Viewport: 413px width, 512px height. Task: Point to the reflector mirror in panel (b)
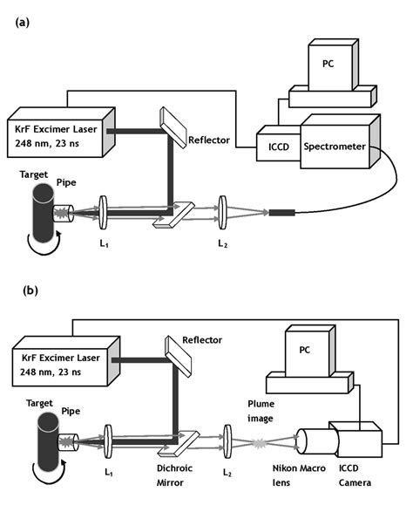point(179,358)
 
